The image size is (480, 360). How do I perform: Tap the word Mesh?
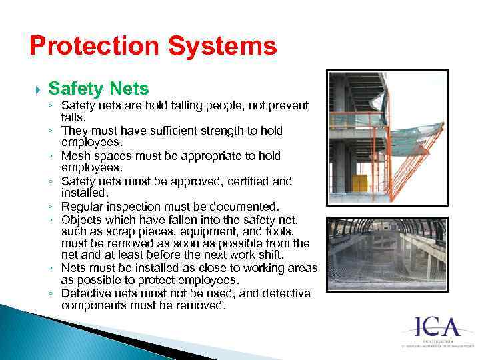coord(74,156)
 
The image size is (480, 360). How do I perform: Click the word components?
coord(95,305)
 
